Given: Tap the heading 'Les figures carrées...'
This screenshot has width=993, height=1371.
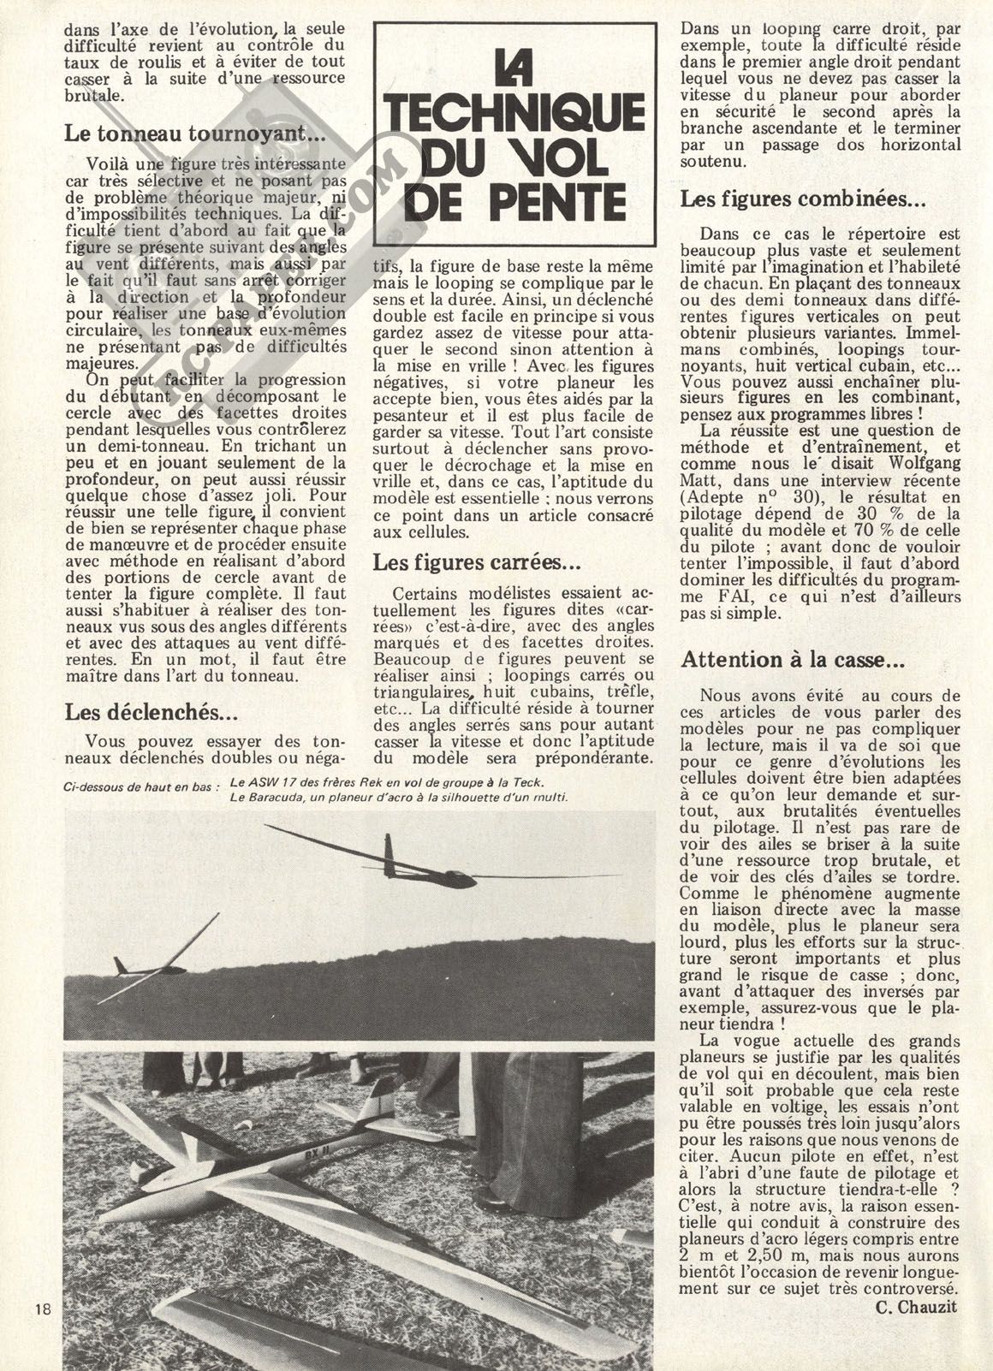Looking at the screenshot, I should (477, 563).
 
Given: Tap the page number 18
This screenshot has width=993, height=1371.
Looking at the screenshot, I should (45, 1308).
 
